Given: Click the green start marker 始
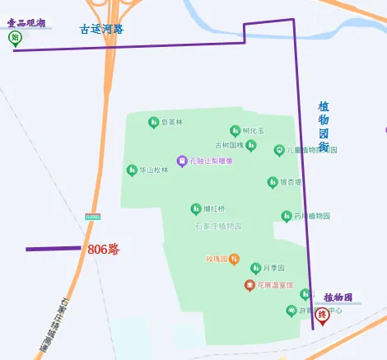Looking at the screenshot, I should (15, 38).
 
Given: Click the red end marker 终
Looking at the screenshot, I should (323, 315).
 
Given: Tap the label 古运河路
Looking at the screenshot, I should (101, 29).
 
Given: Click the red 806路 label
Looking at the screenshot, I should (104, 248).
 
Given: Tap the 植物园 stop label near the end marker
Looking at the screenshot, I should (338, 297).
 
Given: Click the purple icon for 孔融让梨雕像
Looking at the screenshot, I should (182, 160).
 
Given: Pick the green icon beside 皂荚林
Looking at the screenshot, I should (152, 123).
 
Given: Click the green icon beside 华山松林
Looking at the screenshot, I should (131, 170).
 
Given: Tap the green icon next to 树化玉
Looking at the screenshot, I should (235, 130).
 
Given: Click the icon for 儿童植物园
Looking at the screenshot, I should (279, 150).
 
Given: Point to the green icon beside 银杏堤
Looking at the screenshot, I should (272, 182).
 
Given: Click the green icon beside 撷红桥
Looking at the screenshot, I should (195, 208).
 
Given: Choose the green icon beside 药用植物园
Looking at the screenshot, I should (287, 216).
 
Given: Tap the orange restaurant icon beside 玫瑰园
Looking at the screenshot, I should (235, 259).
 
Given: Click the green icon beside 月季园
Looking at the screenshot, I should (255, 269).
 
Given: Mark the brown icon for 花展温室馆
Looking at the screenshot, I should (249, 285).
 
